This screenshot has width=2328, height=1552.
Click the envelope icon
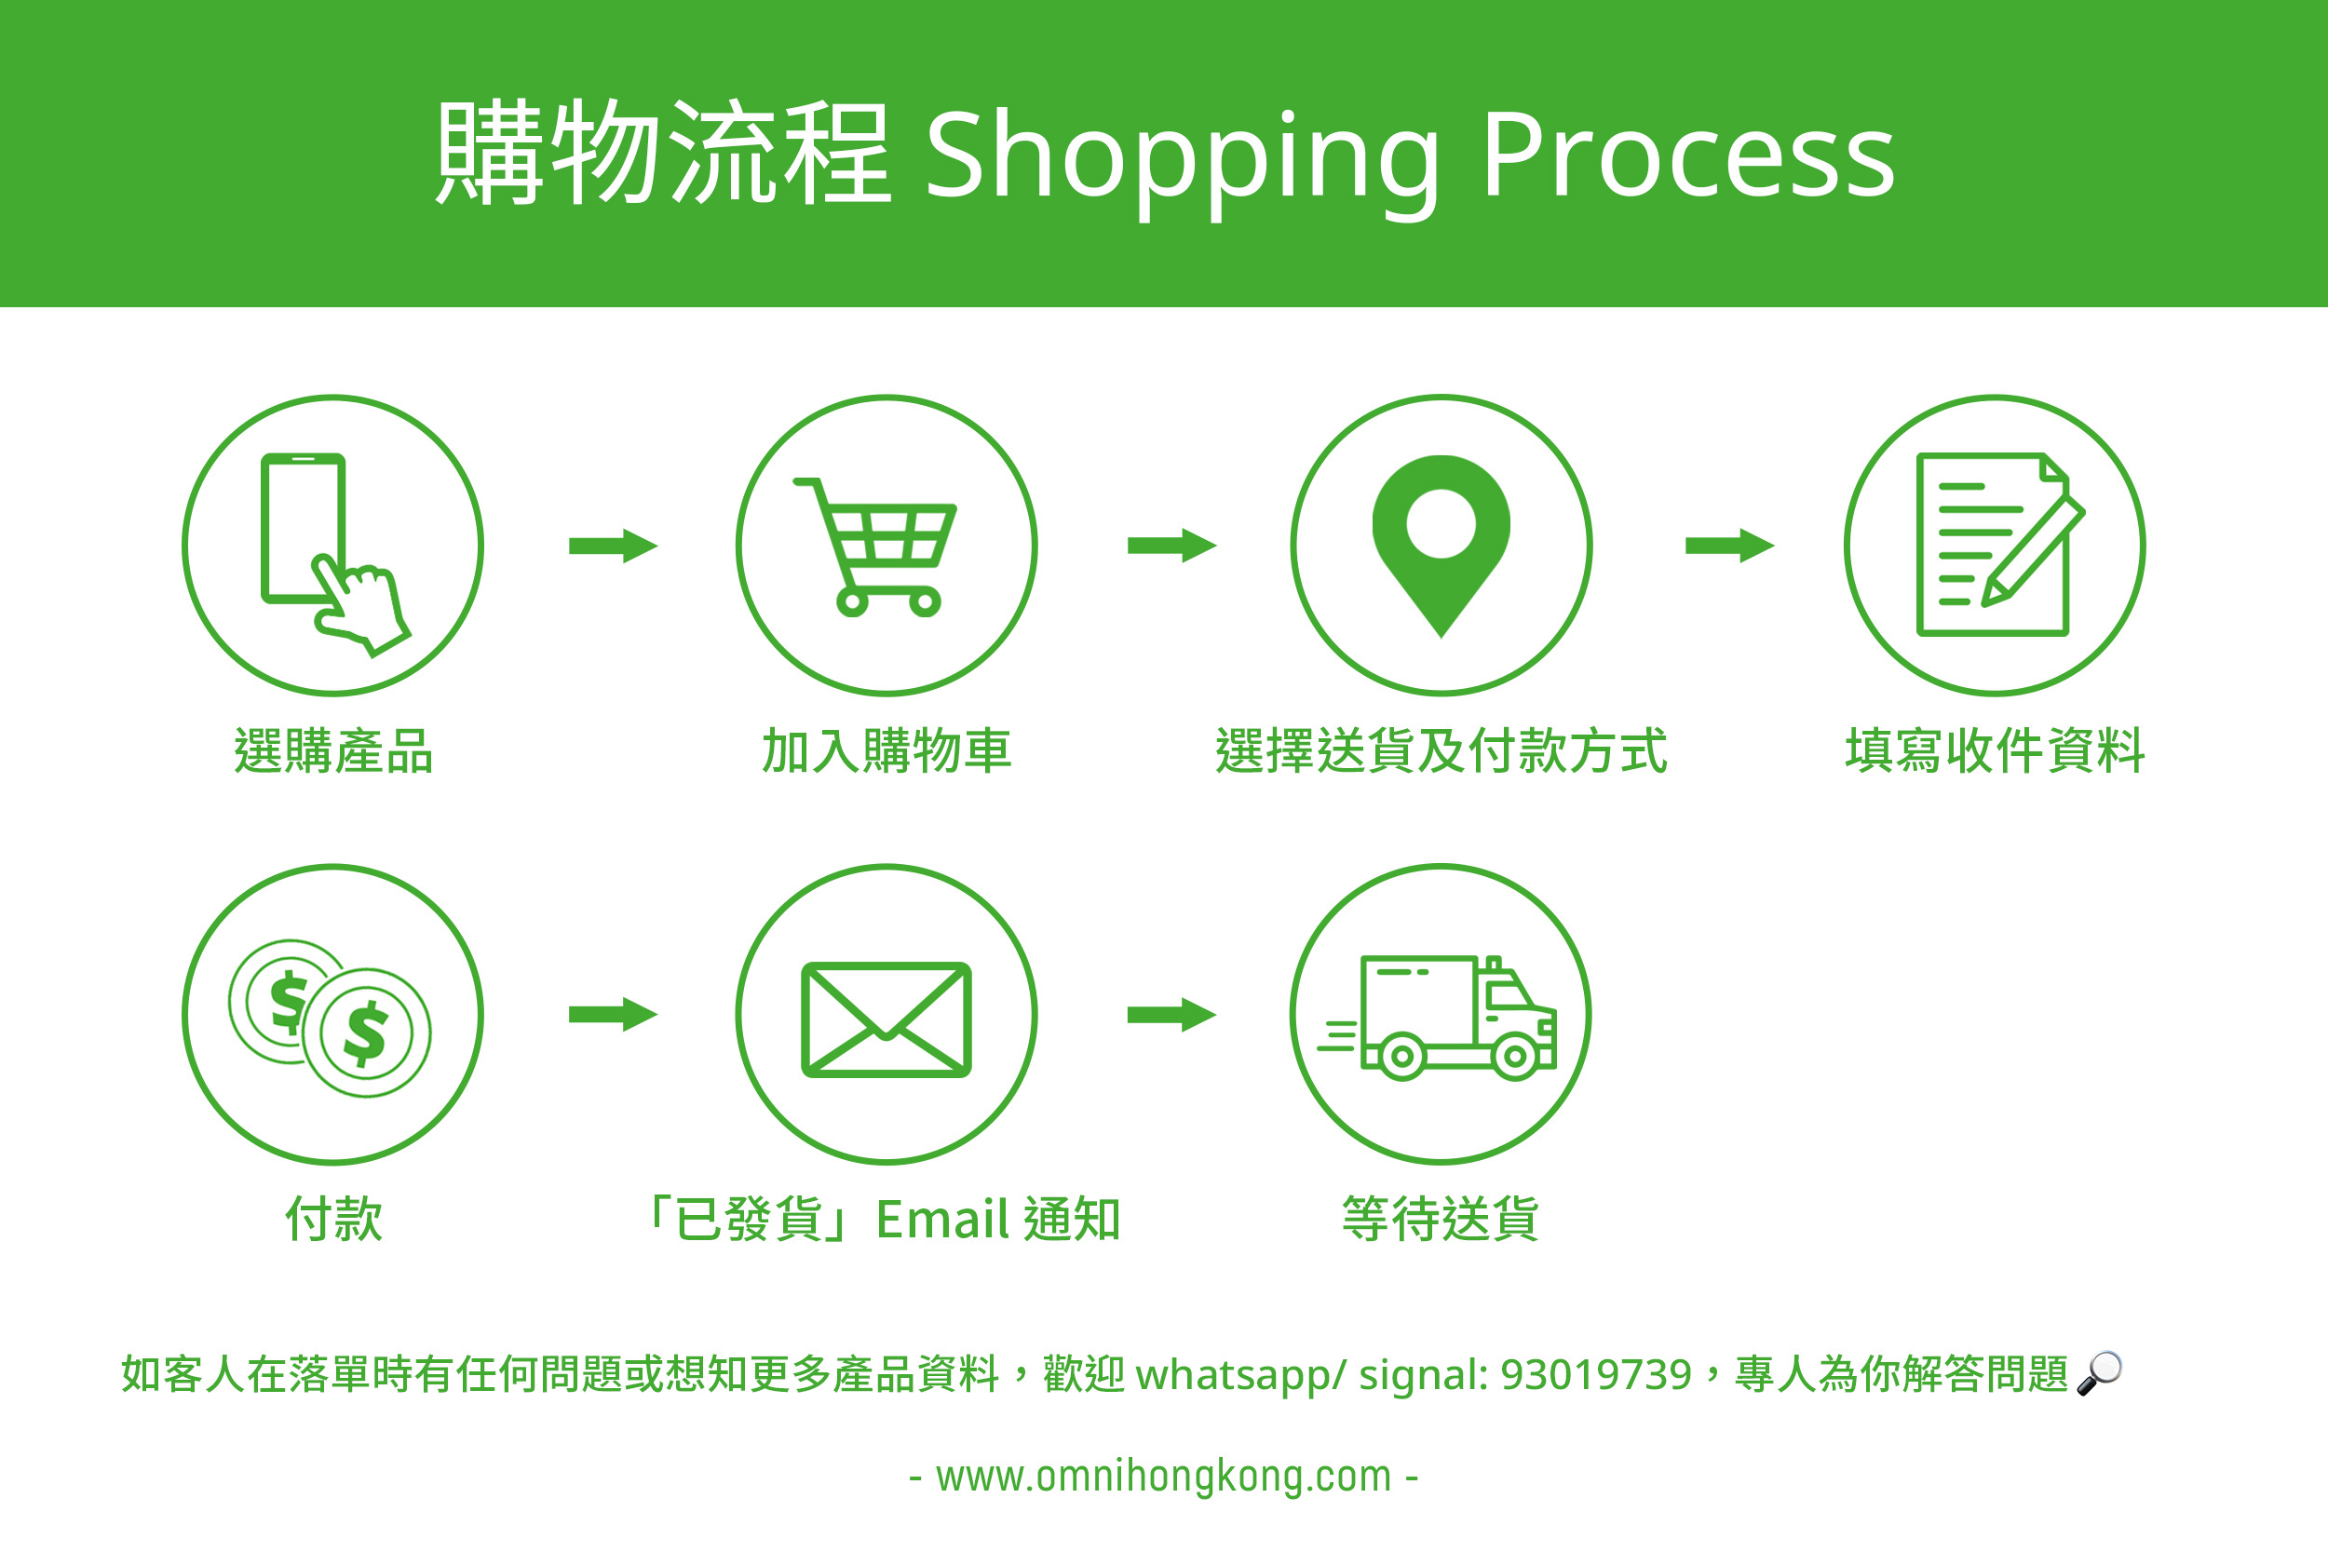point(886,1019)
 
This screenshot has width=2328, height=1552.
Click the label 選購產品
point(333,750)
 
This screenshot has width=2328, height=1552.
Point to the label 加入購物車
point(886,750)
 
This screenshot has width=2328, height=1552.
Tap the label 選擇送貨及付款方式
point(1441,750)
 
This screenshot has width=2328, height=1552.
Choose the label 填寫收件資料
point(1995,750)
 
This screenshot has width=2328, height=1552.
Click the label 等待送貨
point(1441,1219)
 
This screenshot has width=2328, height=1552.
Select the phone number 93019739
point(1595,1374)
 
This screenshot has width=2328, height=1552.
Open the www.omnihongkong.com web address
point(1163,1476)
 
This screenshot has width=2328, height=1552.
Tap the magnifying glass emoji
point(2098,1373)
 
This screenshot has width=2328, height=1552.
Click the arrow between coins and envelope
point(613,1014)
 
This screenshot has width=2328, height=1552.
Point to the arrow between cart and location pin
point(1171,545)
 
